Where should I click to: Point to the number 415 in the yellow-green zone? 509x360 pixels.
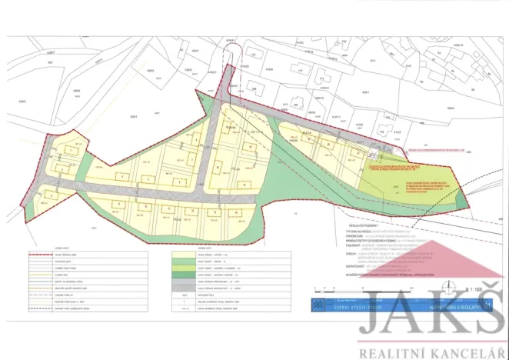pos(397,185)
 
